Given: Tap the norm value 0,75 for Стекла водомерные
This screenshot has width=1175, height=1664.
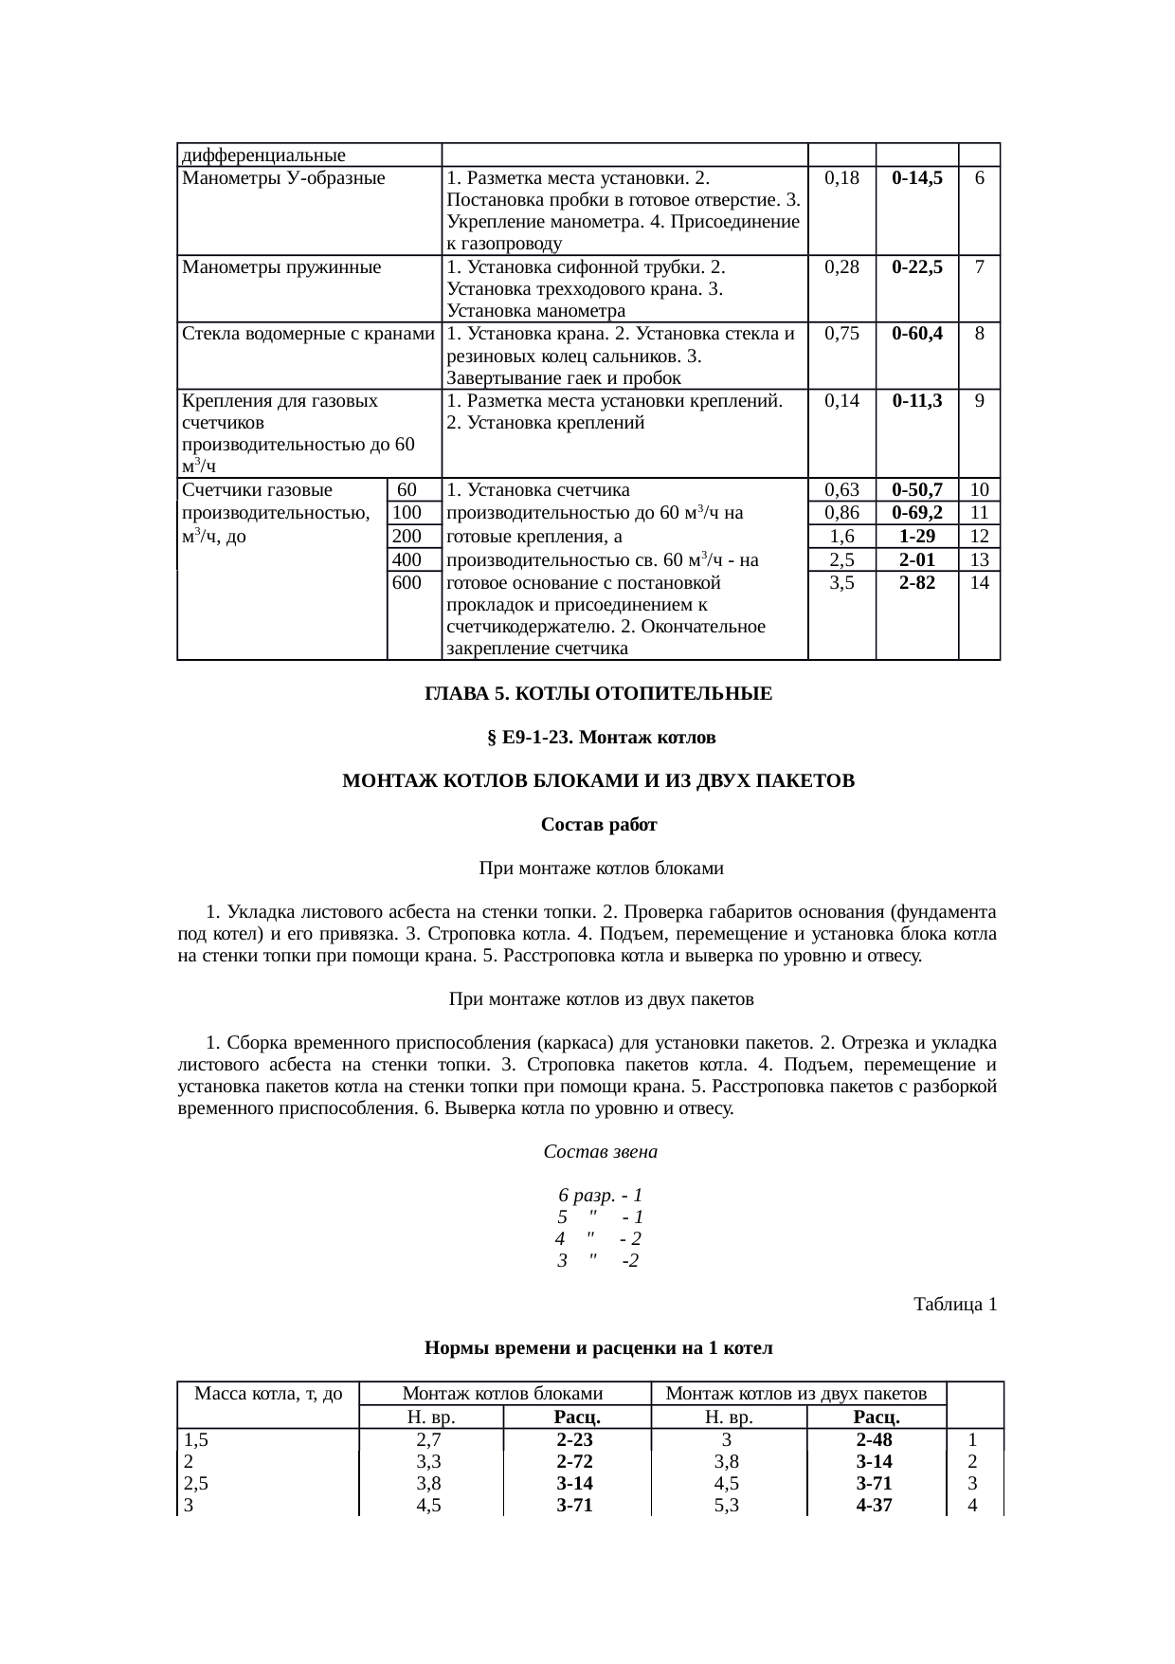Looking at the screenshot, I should pos(841,334).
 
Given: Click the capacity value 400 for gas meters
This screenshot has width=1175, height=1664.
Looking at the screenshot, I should pos(407,560).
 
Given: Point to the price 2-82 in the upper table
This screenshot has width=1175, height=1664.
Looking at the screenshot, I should pos(916,583).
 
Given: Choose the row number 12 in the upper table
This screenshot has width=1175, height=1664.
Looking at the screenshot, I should pos(980,537).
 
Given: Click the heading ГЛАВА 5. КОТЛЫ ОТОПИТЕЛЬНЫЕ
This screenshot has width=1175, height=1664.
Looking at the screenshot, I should pos(598,694).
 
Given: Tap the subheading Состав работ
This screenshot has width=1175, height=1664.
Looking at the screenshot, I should pos(599,825).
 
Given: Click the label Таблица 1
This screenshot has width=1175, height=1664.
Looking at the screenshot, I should pos(954,1305).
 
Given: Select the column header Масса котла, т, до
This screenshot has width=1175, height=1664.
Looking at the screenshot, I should pos(268,1394).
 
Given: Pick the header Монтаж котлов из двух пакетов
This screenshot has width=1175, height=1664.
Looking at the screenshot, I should pos(796,1394).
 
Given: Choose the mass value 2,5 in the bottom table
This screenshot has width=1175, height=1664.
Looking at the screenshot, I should pos(196,1483).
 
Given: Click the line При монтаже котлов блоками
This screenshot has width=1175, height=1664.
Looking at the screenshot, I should pos(601,869).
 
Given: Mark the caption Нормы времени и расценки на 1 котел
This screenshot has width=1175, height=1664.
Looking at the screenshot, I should pos(599,1348).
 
